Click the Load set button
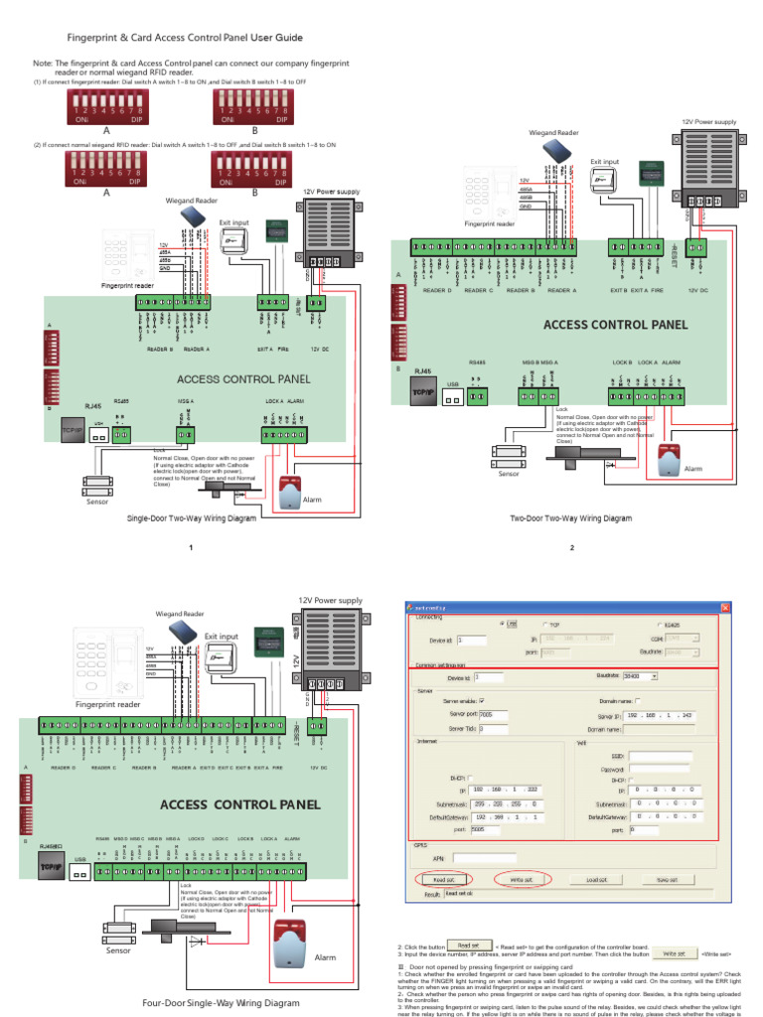click(596, 879)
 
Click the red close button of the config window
click(725, 608)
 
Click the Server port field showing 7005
click(493, 713)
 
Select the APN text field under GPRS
click(484, 857)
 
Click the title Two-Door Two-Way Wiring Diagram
click(570, 518)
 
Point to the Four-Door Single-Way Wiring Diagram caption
click(221, 1003)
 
